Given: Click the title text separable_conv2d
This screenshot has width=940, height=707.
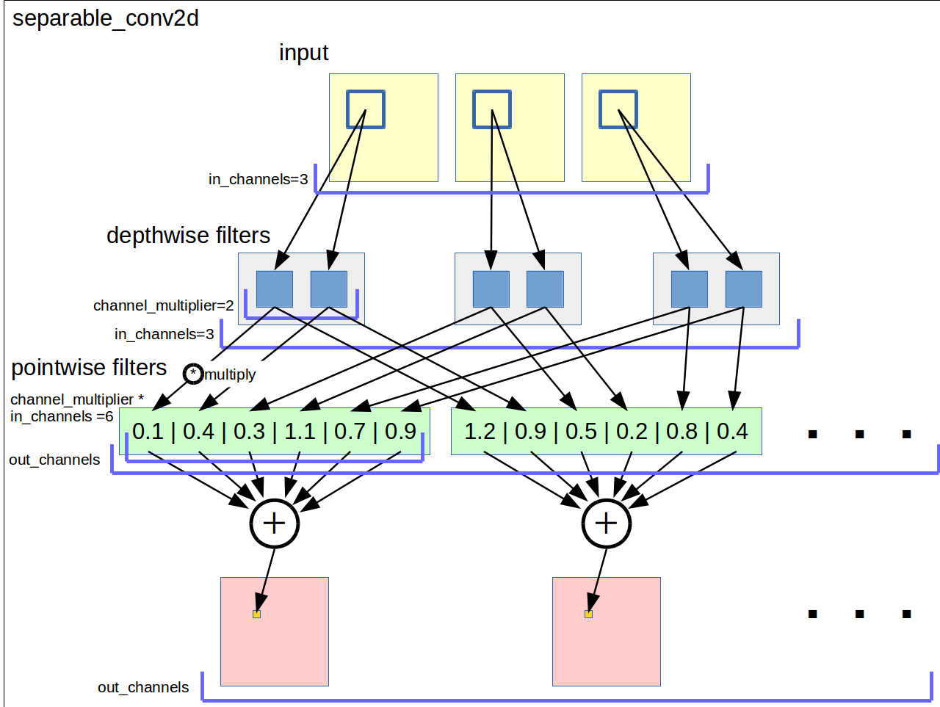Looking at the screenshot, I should pos(106,18).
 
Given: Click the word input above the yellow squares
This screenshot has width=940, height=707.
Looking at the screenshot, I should pos(303,53).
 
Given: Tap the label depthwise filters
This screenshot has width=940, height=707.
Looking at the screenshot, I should pos(188,236).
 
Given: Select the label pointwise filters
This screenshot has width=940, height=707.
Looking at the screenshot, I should pos(89,368).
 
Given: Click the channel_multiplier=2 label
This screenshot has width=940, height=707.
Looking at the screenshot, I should pos(163,305).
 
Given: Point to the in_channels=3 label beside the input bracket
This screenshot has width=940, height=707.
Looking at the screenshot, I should pos(258,179).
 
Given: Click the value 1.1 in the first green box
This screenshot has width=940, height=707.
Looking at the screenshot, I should pos(300,432).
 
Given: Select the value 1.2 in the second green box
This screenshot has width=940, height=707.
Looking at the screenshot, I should pos(480,432).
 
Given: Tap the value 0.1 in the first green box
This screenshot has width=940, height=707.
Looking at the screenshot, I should pos(148,432).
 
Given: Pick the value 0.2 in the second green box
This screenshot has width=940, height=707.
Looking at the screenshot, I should pos(632,432).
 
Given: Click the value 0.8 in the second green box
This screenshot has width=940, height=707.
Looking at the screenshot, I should pos(681,432).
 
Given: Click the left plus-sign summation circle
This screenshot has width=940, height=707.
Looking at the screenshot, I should pos(275,523).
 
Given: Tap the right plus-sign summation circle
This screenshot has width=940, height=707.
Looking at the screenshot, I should pos(607,523).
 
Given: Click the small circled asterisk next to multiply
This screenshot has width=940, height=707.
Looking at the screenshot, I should pos(193,373).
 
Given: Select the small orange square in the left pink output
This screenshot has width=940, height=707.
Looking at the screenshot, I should pos(256,614).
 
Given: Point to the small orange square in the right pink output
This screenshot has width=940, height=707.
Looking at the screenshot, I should pos(588,614).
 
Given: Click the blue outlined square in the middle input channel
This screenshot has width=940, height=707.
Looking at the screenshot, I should pos(491,109).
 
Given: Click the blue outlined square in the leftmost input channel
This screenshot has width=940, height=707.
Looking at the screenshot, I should pos(366,109).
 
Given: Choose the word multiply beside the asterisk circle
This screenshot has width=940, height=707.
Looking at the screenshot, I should pos(231,374).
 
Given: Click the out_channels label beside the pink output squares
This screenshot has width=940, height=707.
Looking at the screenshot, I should pos(143,687).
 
